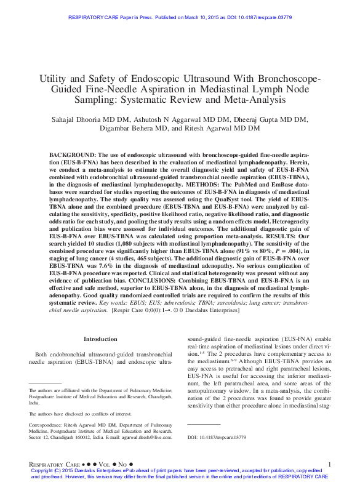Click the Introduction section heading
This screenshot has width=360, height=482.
click(x=100, y=339)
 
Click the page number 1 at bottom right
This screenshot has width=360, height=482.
click(x=330, y=463)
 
